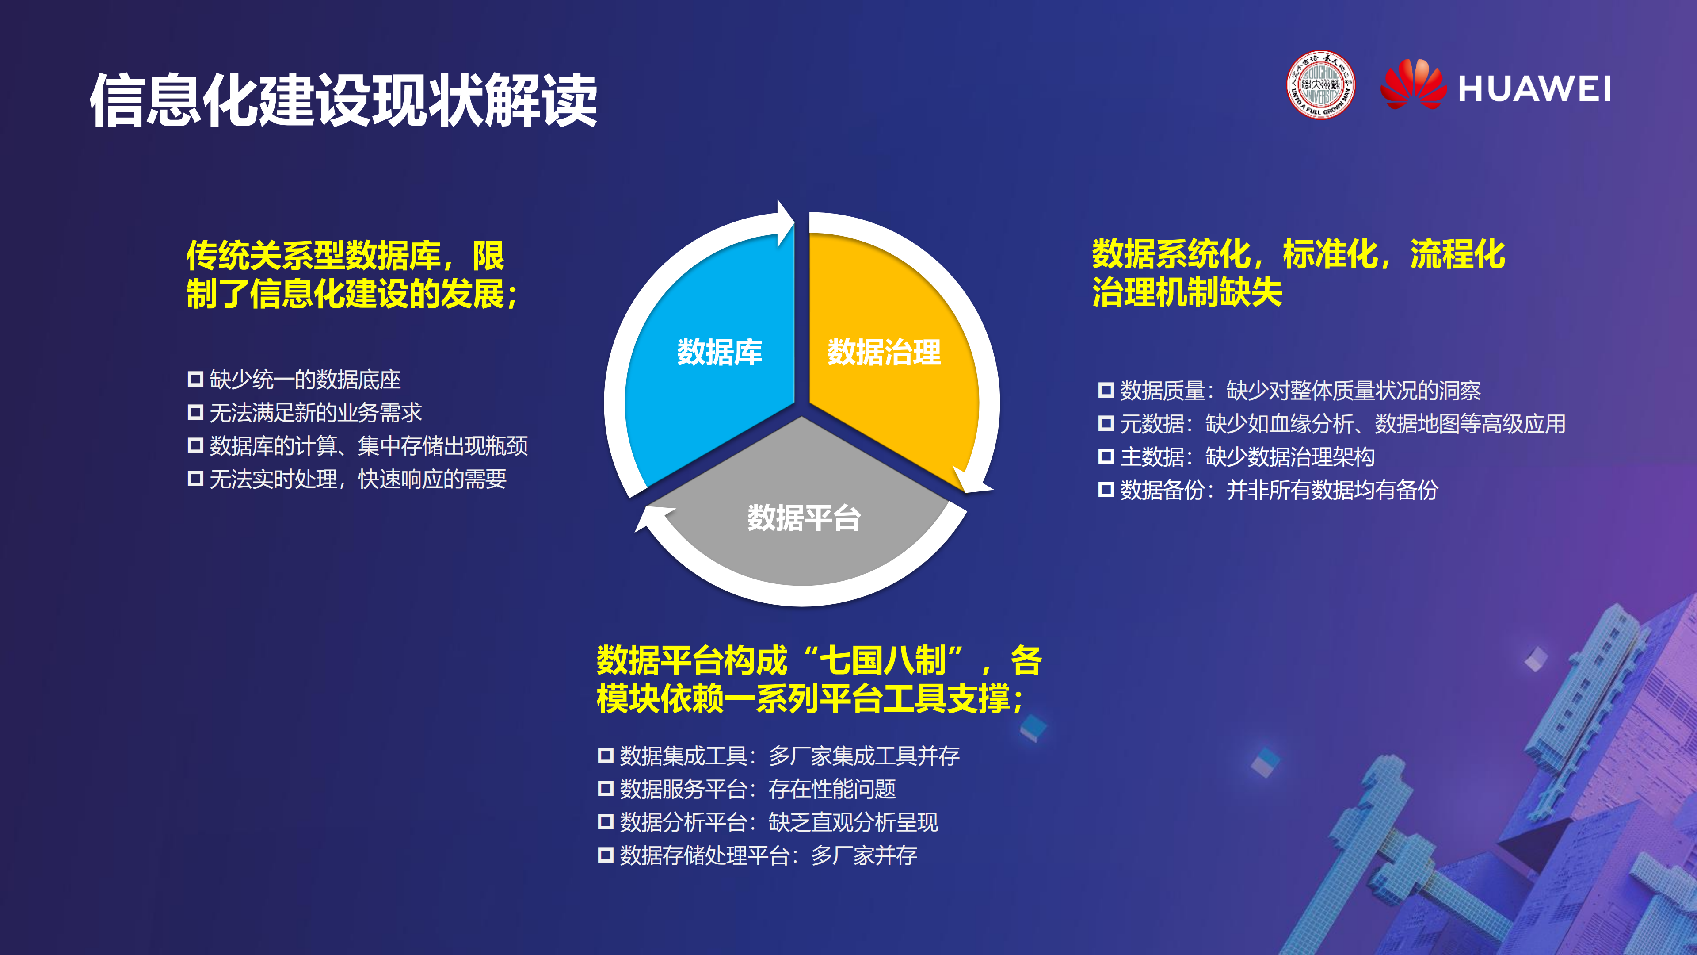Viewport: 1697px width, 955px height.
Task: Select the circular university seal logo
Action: pos(1320,85)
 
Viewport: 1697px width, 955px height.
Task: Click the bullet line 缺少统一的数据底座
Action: pos(305,380)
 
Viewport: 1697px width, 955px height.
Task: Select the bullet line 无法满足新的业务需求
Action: pos(315,413)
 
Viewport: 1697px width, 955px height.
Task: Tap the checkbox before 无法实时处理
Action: pos(195,479)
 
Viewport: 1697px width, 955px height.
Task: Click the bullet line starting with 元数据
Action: pos(1342,424)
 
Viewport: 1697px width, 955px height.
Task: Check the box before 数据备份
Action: pos(1106,490)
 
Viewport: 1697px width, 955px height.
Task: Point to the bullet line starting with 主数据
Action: pos(1247,457)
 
